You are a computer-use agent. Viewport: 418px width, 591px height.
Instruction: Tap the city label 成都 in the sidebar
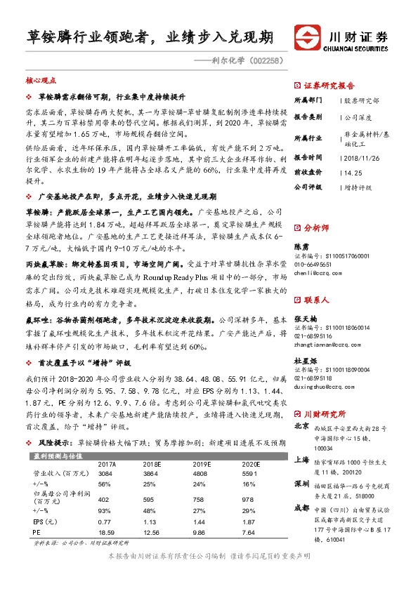click(x=301, y=506)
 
